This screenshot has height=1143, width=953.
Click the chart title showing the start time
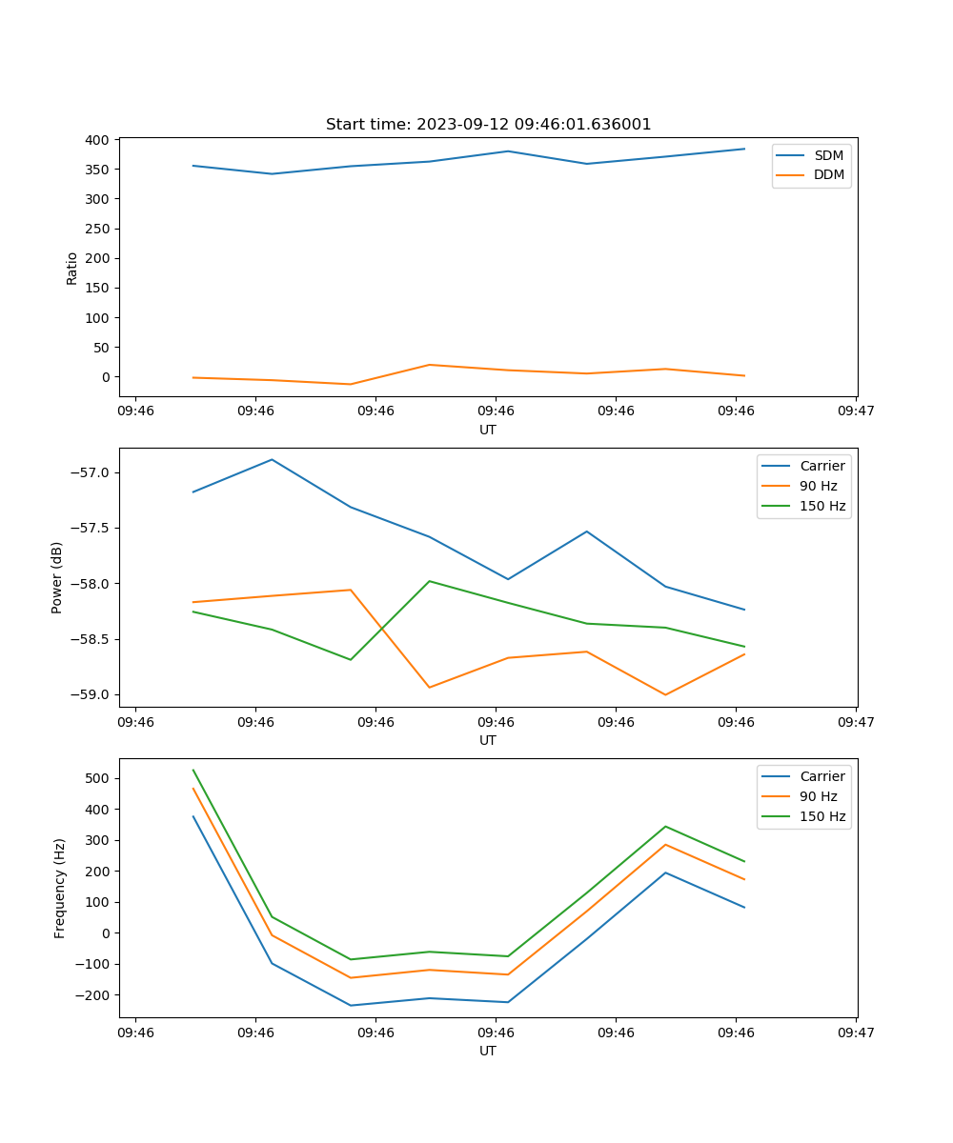(488, 125)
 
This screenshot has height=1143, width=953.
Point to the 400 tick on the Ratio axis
(96, 140)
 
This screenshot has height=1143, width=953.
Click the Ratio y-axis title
(72, 268)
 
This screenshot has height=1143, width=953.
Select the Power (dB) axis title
(57, 577)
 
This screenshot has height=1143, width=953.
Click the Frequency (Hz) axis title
(59, 888)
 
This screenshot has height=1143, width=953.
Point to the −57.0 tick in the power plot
(90, 473)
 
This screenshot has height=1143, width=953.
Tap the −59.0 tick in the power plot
(90, 694)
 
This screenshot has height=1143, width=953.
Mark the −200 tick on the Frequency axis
(93, 994)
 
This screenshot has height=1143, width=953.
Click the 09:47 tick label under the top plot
(855, 411)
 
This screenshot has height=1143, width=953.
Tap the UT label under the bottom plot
(488, 1051)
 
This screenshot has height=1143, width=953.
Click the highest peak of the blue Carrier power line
(272, 460)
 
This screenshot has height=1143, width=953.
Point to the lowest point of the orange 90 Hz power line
(665, 694)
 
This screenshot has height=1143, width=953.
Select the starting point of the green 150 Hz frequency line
(193, 770)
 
